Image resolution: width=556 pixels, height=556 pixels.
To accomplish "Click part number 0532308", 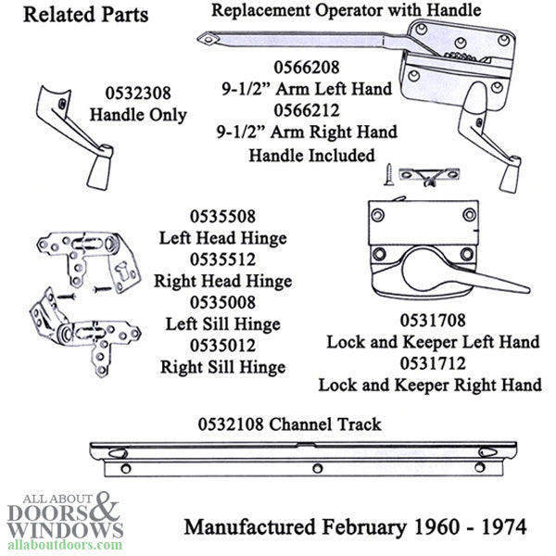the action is pyautogui.click(x=138, y=94).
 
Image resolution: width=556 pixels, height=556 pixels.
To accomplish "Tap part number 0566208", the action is pyautogui.click(x=307, y=68).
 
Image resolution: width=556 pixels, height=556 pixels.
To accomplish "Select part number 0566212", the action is pyautogui.click(x=307, y=110).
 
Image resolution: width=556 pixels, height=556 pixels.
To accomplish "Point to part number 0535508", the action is pyautogui.click(x=222, y=217).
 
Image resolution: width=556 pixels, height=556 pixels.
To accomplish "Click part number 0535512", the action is pyautogui.click(x=222, y=259).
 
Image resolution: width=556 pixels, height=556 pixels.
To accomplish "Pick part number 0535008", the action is pyautogui.click(x=222, y=302).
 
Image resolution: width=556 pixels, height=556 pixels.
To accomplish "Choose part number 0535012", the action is pyautogui.click(x=222, y=346).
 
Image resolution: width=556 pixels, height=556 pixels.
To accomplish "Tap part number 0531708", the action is pyautogui.click(x=433, y=321).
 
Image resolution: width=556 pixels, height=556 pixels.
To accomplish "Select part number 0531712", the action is pyautogui.click(x=433, y=364).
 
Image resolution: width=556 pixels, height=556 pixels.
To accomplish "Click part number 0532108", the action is pyautogui.click(x=231, y=424).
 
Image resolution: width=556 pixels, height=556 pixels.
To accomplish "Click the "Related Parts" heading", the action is pyautogui.click(x=86, y=15).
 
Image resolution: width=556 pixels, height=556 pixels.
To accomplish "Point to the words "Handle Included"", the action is pyautogui.click(x=311, y=156).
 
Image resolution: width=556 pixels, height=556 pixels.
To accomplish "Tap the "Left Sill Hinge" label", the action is pyautogui.click(x=223, y=324).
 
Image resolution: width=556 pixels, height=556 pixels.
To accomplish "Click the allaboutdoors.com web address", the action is pyautogui.click(x=65, y=544).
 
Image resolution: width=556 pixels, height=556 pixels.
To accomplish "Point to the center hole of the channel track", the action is pyautogui.click(x=317, y=468).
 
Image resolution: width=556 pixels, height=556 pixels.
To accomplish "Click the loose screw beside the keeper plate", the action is pyautogui.click(x=388, y=174).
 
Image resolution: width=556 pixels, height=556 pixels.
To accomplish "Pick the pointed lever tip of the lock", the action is pyautogui.click(x=525, y=288).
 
